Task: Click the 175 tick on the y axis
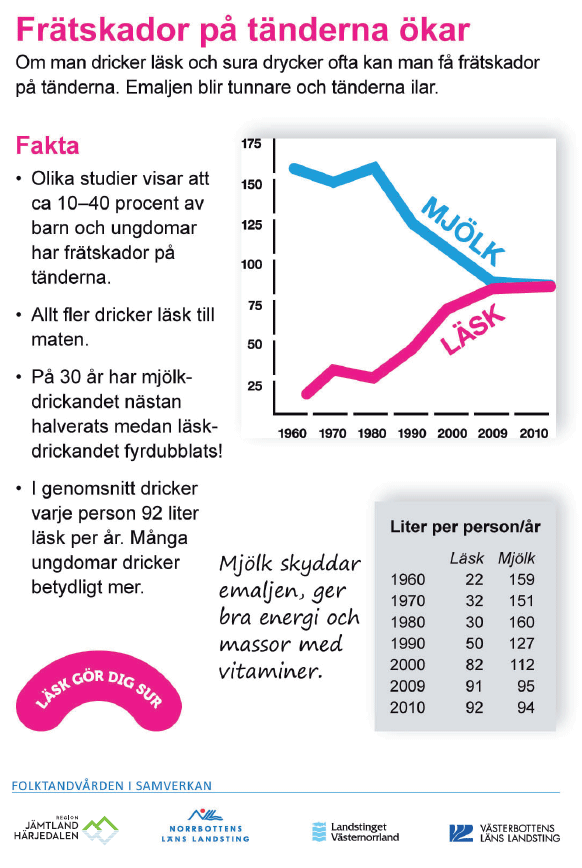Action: point(251,144)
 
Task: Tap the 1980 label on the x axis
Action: point(372,433)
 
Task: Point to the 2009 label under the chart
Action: point(492,433)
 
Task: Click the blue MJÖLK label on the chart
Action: point(463,231)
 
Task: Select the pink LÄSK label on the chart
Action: point(473,330)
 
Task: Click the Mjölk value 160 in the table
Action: point(522,622)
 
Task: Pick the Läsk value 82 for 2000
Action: point(475,665)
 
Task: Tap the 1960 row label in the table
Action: point(408,580)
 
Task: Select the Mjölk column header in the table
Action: point(517,558)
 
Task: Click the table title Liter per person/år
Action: point(465,526)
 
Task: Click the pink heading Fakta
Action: point(48,146)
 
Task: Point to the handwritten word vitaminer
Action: point(270,671)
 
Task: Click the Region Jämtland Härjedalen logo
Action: point(66,829)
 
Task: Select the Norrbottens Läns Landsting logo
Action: point(205,826)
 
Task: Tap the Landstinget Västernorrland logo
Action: point(356,832)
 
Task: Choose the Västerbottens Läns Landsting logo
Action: point(504,833)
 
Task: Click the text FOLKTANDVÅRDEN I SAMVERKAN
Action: point(112,786)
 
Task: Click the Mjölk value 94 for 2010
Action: point(526,707)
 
